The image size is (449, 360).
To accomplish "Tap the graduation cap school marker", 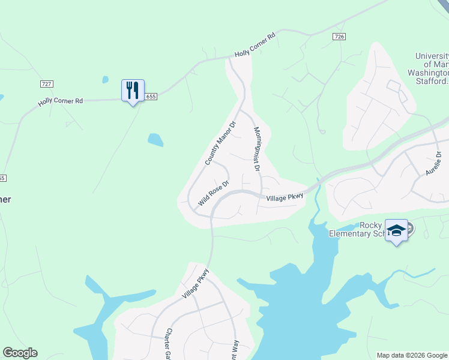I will pos(396,230).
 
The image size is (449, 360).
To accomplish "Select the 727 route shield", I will pos(46,83).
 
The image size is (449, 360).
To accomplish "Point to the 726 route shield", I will pos(339,37).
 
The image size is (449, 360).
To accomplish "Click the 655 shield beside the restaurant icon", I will pos(151,97).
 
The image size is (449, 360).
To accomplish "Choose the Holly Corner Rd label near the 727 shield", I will pos(60,101).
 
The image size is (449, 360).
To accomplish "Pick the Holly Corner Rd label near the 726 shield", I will pos(255,45).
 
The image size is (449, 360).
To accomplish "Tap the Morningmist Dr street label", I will pos(257,149).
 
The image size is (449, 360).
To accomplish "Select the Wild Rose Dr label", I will pos(214,193).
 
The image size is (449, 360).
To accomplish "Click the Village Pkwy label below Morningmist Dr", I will pos(285,197).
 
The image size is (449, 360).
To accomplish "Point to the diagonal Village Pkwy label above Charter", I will pos(196,283).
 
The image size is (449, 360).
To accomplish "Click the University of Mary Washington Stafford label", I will pos(432,68).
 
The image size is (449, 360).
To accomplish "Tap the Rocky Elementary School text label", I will pos(358,229).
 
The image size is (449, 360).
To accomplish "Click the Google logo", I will pos(20,353).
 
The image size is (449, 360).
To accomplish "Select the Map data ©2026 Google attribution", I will pos(412,355).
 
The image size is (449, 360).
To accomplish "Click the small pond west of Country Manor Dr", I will pos(155,140).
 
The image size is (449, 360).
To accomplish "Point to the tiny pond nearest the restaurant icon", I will pos(106,79).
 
